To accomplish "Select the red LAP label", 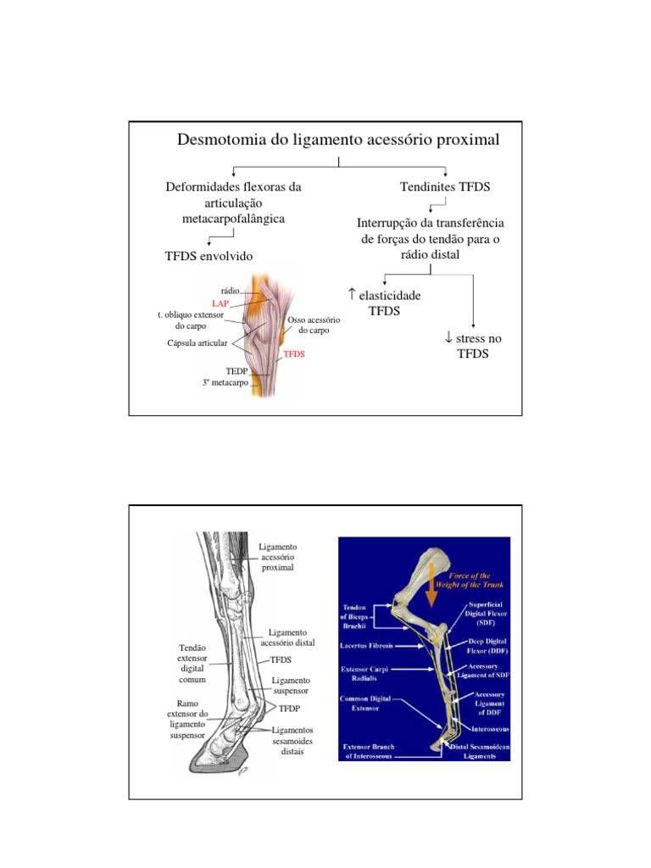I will (221, 302).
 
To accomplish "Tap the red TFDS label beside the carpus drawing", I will (293, 354).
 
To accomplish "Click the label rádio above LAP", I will (230, 291).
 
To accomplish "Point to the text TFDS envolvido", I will (209, 255).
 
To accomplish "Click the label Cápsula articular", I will (198, 343).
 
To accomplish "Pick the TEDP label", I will (236, 371).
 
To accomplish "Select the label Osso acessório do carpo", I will (313, 325).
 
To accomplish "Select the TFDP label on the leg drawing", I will (290, 707).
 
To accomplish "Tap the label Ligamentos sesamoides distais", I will (292, 741).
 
